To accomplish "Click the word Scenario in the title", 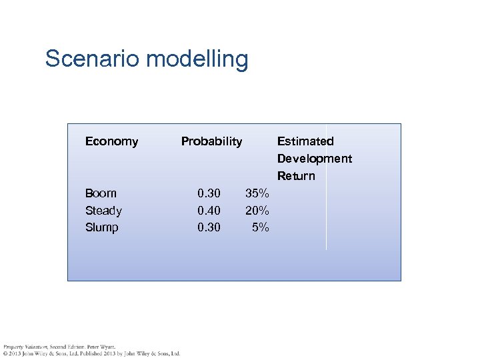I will [92, 59].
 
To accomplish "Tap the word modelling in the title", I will [197, 59].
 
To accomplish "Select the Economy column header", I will [111, 141].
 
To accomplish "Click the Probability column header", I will [211, 141].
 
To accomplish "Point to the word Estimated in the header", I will [305, 141].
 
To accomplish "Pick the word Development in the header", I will [314, 159].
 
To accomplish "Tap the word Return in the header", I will [296, 176].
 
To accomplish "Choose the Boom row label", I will [101, 193].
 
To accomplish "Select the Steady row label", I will [103, 211].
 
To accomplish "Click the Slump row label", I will [101, 227].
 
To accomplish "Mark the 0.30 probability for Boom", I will [209, 193].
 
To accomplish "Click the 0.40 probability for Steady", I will [209, 211].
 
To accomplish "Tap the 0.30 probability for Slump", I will [209, 227].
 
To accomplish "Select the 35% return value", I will [257, 193].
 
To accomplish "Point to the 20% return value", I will [257, 211].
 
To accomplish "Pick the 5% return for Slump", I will [260, 227].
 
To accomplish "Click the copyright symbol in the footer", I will [5, 353].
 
